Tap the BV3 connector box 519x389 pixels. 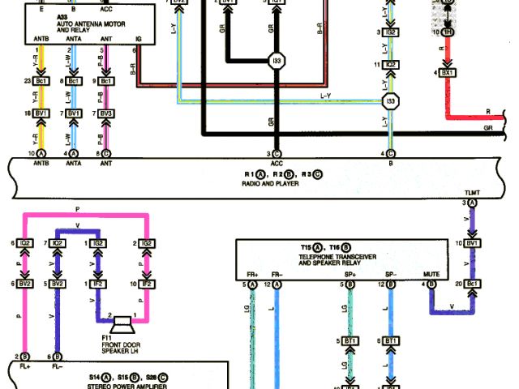click(x=105, y=113)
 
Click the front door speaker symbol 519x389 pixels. click(x=122, y=324)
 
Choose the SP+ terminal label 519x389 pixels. click(x=346, y=275)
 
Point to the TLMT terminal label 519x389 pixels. click(x=473, y=193)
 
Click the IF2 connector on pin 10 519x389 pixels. click(x=147, y=285)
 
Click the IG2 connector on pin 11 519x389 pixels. click(x=391, y=65)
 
